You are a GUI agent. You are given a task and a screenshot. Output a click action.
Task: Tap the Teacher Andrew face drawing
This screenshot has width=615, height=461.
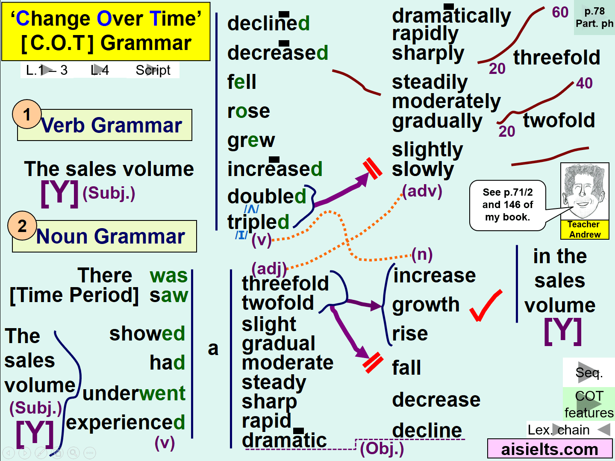click(x=585, y=191)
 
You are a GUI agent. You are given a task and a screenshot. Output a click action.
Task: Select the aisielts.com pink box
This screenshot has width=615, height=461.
click(x=550, y=449)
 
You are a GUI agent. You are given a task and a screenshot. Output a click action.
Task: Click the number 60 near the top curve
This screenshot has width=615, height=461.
click(x=560, y=12)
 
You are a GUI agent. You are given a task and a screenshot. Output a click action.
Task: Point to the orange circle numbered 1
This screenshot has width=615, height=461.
click(x=27, y=114)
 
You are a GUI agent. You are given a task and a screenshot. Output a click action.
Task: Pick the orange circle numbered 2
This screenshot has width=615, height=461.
click(x=22, y=226)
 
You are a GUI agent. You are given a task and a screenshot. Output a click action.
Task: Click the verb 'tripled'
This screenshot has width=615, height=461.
click(x=258, y=222)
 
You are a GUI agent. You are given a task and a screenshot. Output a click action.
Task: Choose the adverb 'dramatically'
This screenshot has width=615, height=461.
click(x=451, y=16)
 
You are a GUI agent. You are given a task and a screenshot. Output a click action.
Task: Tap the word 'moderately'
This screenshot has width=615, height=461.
click(x=446, y=101)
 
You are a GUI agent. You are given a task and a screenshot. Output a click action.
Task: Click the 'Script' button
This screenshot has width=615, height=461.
click(x=153, y=70)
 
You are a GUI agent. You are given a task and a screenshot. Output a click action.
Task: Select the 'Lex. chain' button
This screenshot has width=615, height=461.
click(x=569, y=430)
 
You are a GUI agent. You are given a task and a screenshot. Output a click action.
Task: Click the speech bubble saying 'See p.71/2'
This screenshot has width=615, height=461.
click(x=508, y=205)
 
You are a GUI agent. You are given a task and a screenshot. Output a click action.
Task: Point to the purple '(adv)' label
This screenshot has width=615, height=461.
click(x=422, y=191)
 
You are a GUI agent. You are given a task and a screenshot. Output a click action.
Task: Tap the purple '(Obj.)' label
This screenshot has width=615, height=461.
click(x=382, y=449)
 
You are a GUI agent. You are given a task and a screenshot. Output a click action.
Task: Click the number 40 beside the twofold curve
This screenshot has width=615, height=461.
click(x=584, y=83)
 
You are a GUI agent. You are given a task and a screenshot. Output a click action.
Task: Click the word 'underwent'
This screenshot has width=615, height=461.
click(x=134, y=393)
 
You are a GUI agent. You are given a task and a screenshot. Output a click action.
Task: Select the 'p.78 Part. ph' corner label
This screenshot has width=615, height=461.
click(x=594, y=18)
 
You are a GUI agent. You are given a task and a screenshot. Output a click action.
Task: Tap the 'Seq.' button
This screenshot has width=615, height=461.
click(x=589, y=373)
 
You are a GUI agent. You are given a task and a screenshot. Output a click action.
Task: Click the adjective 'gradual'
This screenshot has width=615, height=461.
click(x=279, y=344)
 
